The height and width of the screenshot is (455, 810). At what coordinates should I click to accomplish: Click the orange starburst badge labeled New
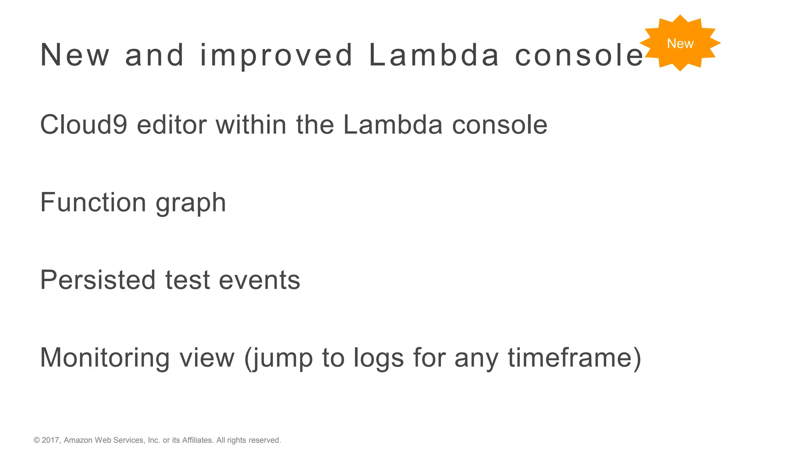click(680, 43)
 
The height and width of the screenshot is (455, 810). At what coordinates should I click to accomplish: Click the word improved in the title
click(276, 55)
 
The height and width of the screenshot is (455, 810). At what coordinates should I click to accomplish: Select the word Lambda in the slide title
click(434, 55)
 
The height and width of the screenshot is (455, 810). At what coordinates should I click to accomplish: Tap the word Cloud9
click(83, 125)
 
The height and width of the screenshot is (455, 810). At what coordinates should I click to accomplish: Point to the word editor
click(172, 125)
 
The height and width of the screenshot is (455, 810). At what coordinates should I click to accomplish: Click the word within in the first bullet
click(251, 125)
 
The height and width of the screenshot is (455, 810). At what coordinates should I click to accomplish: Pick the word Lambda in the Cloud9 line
click(393, 125)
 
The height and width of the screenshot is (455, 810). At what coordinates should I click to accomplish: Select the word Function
click(93, 202)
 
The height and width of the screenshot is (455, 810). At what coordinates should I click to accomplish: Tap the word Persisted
click(98, 280)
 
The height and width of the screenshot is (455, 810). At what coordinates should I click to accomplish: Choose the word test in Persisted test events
click(187, 280)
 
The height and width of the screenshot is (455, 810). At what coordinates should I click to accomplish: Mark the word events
click(259, 280)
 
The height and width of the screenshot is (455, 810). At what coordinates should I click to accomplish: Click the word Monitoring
click(105, 358)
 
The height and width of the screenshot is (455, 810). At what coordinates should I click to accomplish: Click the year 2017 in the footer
click(51, 440)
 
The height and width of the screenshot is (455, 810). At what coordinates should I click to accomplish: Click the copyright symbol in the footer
click(37, 440)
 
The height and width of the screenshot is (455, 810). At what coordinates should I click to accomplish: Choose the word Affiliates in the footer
click(197, 440)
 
